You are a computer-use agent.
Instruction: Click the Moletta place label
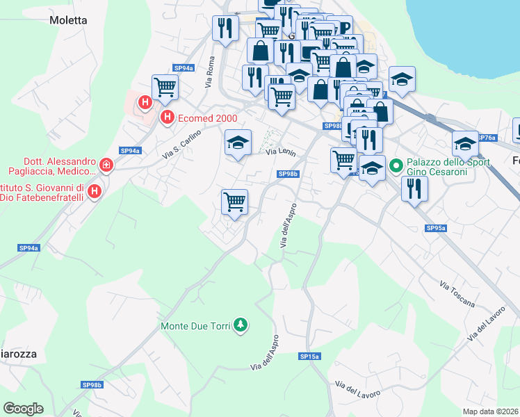[x=68, y=20]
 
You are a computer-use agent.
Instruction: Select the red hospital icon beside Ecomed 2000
[x=167, y=118]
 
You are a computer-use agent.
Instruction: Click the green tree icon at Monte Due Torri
[x=241, y=325]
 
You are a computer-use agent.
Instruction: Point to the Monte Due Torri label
[x=195, y=325]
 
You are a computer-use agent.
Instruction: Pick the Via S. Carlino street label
[x=181, y=145]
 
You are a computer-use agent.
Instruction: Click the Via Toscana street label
[x=457, y=295]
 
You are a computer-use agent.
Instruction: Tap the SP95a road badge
[x=436, y=228]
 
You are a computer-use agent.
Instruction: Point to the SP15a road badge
[x=309, y=356]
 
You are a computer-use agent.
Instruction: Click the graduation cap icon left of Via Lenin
[x=238, y=143]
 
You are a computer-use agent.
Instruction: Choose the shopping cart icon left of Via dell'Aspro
[x=234, y=202]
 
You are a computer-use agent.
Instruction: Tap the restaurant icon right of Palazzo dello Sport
[x=414, y=188]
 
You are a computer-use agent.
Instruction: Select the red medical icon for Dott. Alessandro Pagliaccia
[x=106, y=165]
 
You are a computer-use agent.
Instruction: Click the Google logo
[x=23, y=409]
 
